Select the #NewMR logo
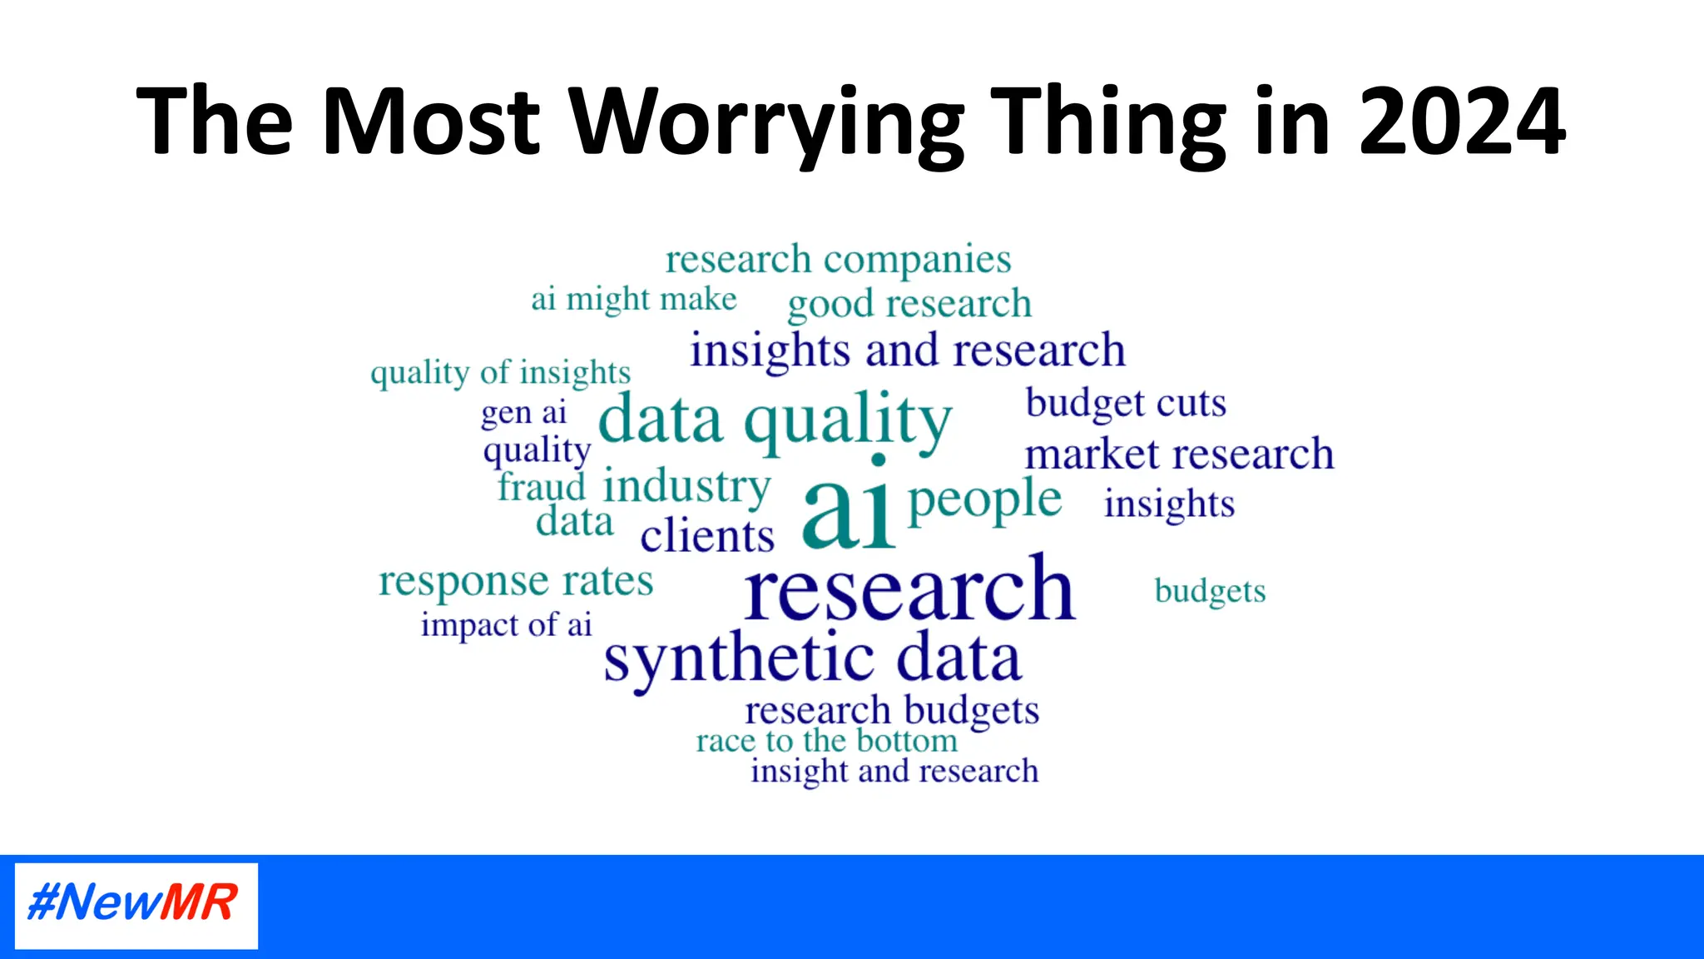(136, 905)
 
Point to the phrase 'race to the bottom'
(826, 740)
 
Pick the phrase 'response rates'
(516, 581)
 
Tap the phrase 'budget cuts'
(1126, 403)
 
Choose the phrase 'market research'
(1179, 455)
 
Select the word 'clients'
(707, 535)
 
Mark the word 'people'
(984, 500)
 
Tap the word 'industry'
(686, 486)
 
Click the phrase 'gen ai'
(523, 413)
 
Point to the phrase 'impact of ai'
(506, 624)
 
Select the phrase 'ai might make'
(634, 299)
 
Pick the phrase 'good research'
(909, 304)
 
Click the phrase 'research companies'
(838, 260)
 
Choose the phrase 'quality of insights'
(500, 372)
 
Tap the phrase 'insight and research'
(894, 771)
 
